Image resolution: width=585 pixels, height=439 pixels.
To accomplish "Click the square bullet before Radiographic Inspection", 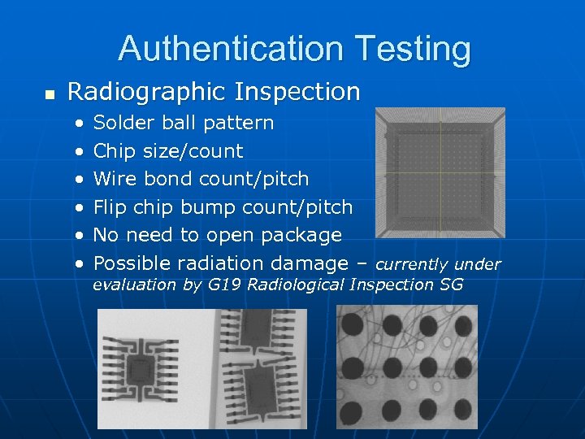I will pos(50,95).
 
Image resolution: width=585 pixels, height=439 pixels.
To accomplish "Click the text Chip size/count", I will pos(168,151).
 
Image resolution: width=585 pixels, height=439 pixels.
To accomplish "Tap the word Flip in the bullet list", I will pos(110,207).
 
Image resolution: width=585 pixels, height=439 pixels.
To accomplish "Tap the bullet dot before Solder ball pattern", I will pos(79,124).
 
